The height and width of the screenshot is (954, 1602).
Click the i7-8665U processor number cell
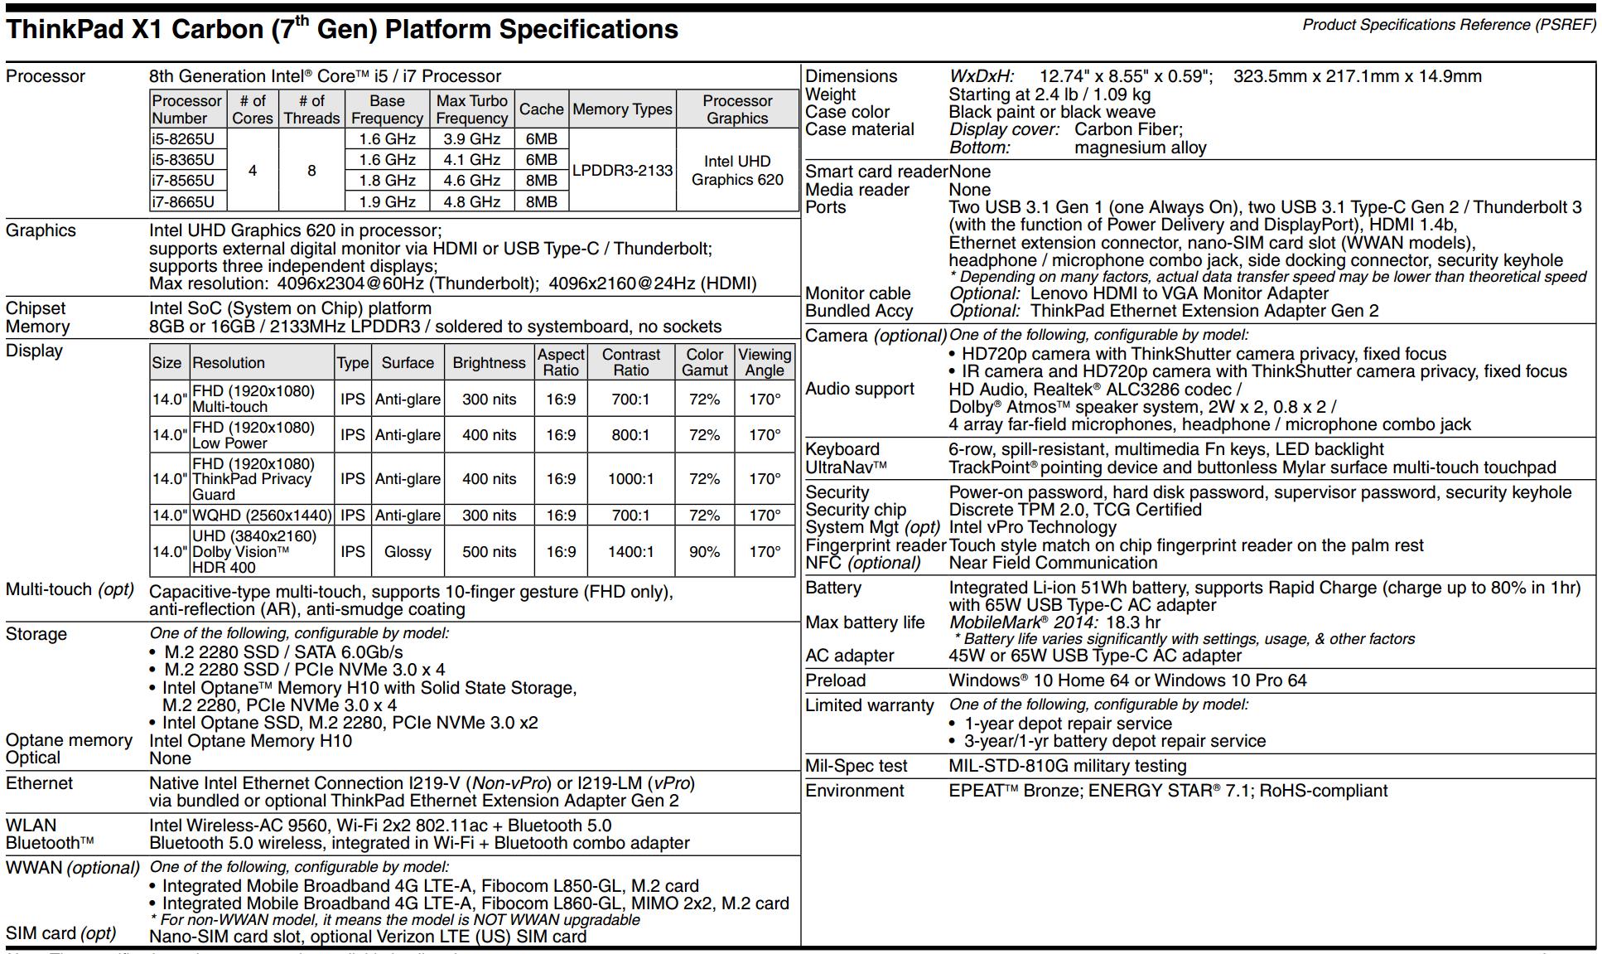[x=183, y=201]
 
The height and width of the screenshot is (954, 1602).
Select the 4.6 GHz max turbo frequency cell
[x=471, y=181]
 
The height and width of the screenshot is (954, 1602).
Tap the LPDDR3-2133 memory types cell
[x=622, y=170]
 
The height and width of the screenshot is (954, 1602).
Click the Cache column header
[x=541, y=109]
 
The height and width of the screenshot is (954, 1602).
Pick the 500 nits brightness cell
[x=489, y=552]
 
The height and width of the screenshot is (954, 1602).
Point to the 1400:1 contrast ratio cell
[x=630, y=552]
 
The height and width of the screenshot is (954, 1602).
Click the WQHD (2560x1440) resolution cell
[x=262, y=516]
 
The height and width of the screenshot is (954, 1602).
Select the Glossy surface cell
[x=408, y=552]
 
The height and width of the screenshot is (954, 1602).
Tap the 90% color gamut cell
[x=704, y=552]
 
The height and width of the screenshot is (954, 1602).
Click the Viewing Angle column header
[x=765, y=362]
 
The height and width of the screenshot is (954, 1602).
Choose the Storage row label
[x=36, y=634]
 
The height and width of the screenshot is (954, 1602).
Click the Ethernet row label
[x=39, y=783]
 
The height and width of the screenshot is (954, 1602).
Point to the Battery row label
[x=833, y=588]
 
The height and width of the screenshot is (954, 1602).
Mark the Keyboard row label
[x=842, y=449]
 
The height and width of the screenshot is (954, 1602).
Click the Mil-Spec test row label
[x=856, y=766]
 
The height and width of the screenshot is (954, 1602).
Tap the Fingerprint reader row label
[x=876, y=545]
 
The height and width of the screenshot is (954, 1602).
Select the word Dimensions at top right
[x=852, y=76]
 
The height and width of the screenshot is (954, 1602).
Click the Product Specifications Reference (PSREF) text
[x=1449, y=25]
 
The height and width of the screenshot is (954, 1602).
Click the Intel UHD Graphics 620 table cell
[x=737, y=171]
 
